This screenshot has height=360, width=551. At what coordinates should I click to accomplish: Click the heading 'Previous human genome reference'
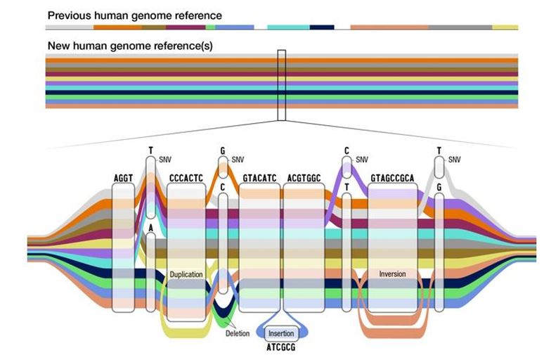tap(135, 15)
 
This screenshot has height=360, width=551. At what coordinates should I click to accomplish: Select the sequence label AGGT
tap(123, 179)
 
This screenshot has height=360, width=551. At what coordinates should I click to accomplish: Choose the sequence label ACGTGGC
tap(304, 179)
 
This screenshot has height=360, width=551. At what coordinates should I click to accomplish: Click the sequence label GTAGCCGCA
tap(393, 179)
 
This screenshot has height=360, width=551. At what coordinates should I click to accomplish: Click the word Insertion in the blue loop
tap(282, 333)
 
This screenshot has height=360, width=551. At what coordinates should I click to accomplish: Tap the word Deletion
tap(238, 333)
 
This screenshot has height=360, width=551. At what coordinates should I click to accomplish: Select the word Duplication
tap(186, 274)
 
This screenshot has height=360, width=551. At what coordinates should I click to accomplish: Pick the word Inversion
tap(392, 274)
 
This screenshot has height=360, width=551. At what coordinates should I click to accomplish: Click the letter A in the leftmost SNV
tap(150, 228)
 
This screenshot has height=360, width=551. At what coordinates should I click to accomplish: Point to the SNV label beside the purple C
tap(362, 160)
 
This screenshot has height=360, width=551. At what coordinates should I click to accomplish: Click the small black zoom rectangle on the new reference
tap(282, 84)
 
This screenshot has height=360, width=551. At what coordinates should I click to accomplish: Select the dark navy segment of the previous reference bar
tap(321, 27)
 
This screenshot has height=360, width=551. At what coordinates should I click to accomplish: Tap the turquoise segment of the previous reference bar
tap(288, 27)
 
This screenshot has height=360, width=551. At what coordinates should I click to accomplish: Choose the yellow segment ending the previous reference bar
tap(505, 27)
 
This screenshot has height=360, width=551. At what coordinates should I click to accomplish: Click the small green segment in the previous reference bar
tap(211, 27)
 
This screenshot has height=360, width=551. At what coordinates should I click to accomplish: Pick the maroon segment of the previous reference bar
tap(186, 27)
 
